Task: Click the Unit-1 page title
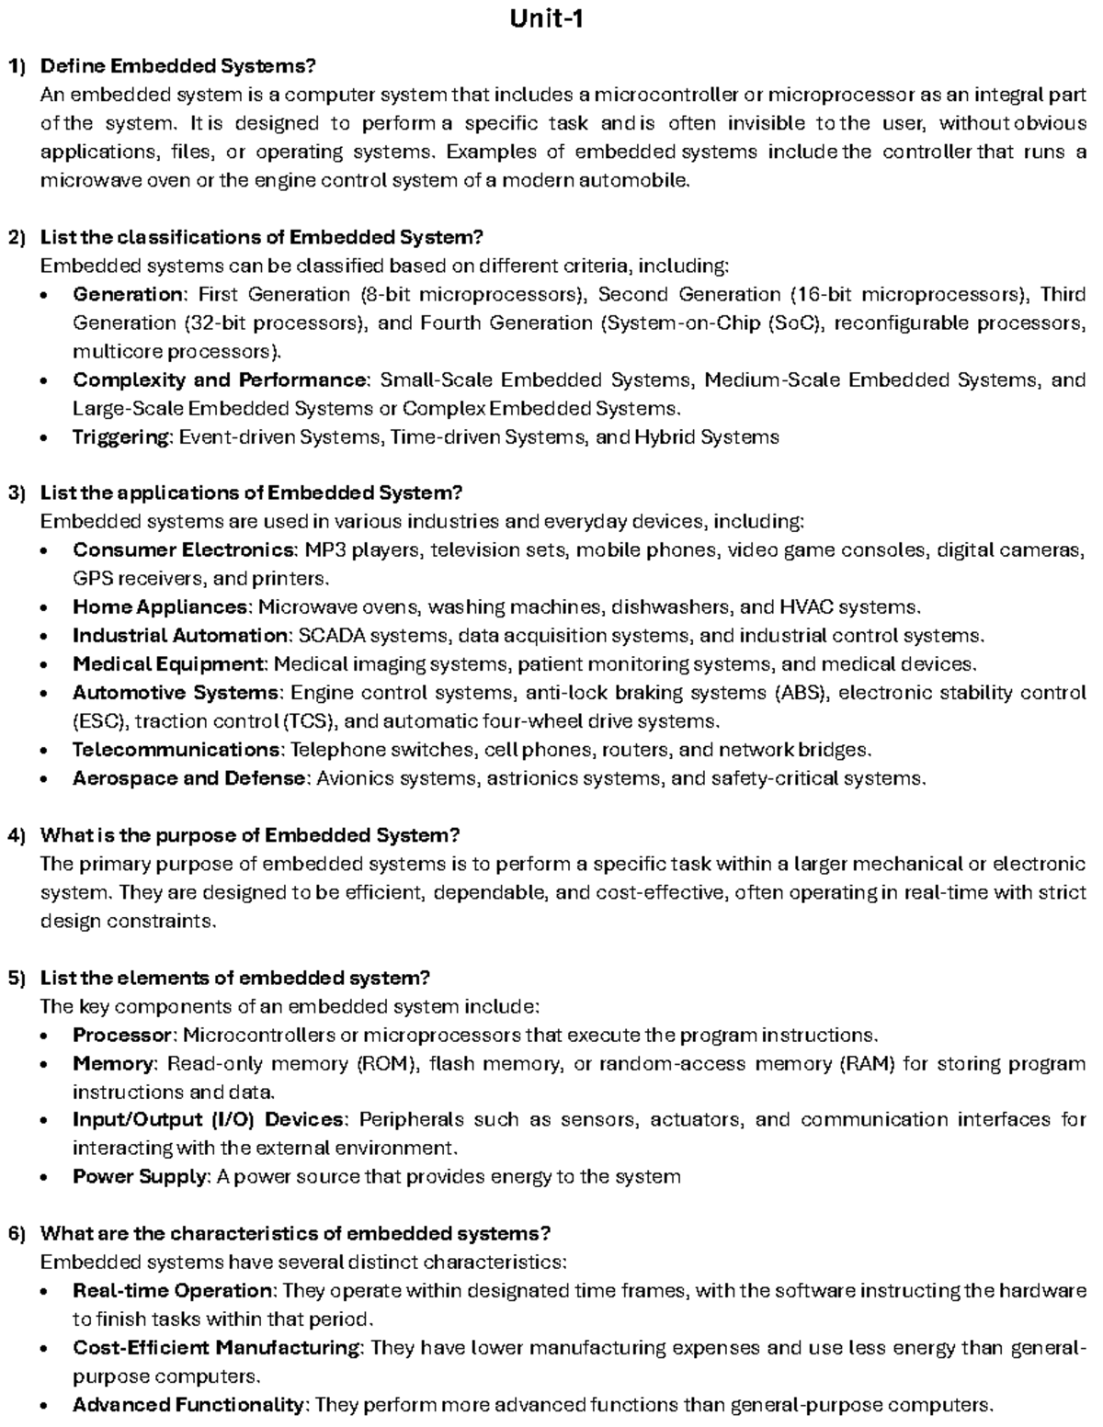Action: click(548, 18)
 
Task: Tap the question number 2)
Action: click(17, 237)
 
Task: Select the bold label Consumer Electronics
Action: click(184, 550)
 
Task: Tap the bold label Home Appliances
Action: click(160, 607)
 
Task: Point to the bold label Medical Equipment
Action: click(168, 664)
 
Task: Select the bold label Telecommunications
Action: click(176, 750)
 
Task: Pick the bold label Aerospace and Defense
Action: click(188, 778)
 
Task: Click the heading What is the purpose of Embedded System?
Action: click(249, 835)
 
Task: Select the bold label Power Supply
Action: click(141, 1177)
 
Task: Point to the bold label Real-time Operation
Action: click(172, 1291)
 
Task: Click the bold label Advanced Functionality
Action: click(188, 1405)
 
